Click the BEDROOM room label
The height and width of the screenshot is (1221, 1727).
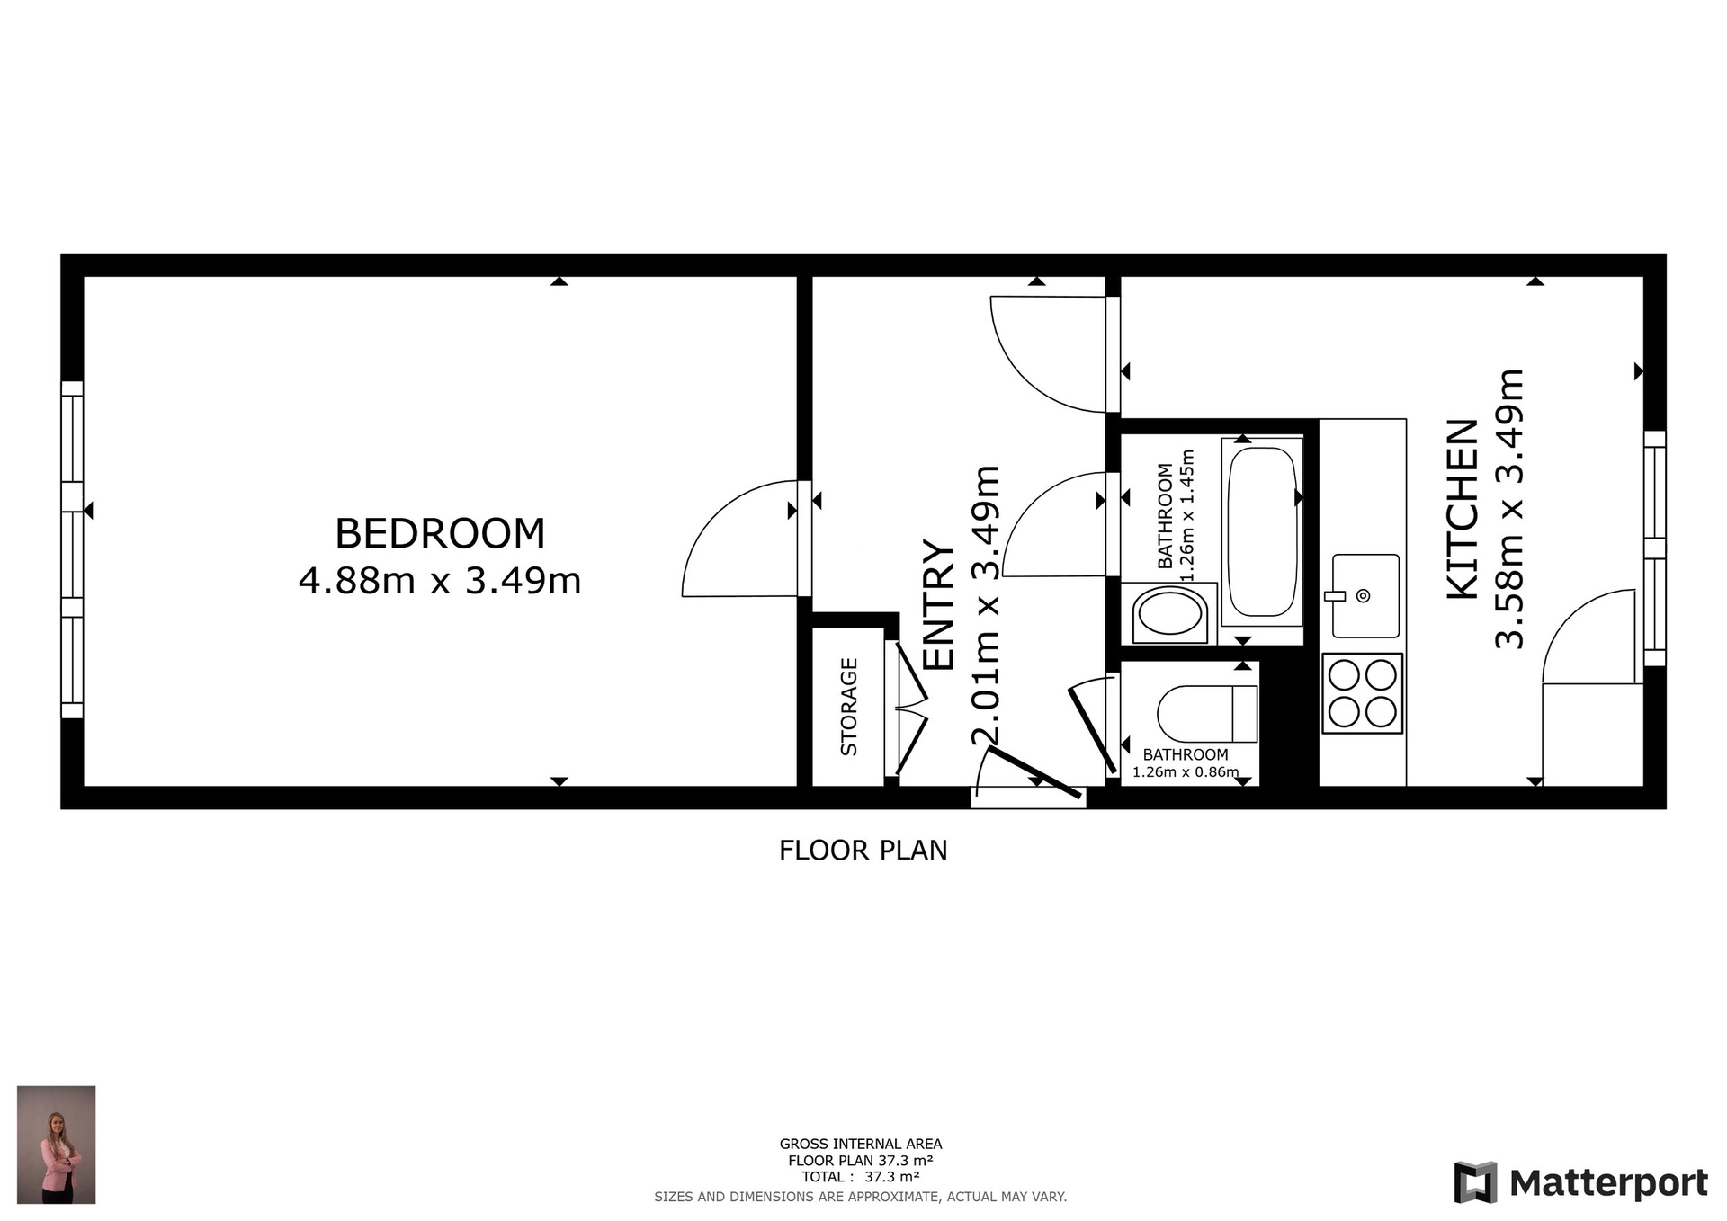pyautogui.click(x=440, y=533)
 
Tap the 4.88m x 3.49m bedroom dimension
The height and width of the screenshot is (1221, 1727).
pyautogui.click(x=440, y=581)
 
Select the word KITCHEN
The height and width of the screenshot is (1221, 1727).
pyautogui.click(x=1463, y=509)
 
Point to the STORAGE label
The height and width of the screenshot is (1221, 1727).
pyautogui.click(x=848, y=707)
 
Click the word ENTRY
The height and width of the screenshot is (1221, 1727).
pyautogui.click(x=939, y=605)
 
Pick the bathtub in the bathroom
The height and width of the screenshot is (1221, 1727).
pyautogui.click(x=1262, y=531)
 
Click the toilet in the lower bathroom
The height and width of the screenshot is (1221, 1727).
pyautogui.click(x=1207, y=714)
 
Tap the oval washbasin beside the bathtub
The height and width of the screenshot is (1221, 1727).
pyautogui.click(x=1169, y=613)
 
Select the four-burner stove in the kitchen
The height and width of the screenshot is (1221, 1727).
pyautogui.click(x=1362, y=693)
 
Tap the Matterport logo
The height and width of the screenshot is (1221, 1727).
pyautogui.click(x=1580, y=1183)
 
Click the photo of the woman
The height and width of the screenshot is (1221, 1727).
pyautogui.click(x=56, y=1145)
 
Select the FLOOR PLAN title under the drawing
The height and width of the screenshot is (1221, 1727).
pyautogui.click(x=863, y=851)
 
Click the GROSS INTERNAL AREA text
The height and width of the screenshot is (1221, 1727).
pyautogui.click(x=861, y=1145)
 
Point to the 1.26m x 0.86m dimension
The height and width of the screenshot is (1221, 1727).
pyautogui.click(x=1186, y=771)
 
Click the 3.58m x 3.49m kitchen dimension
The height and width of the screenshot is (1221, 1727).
pyautogui.click(x=1509, y=509)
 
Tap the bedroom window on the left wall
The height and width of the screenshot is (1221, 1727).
pyautogui.click(x=72, y=550)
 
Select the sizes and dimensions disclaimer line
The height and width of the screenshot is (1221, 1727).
pyautogui.click(x=860, y=1197)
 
